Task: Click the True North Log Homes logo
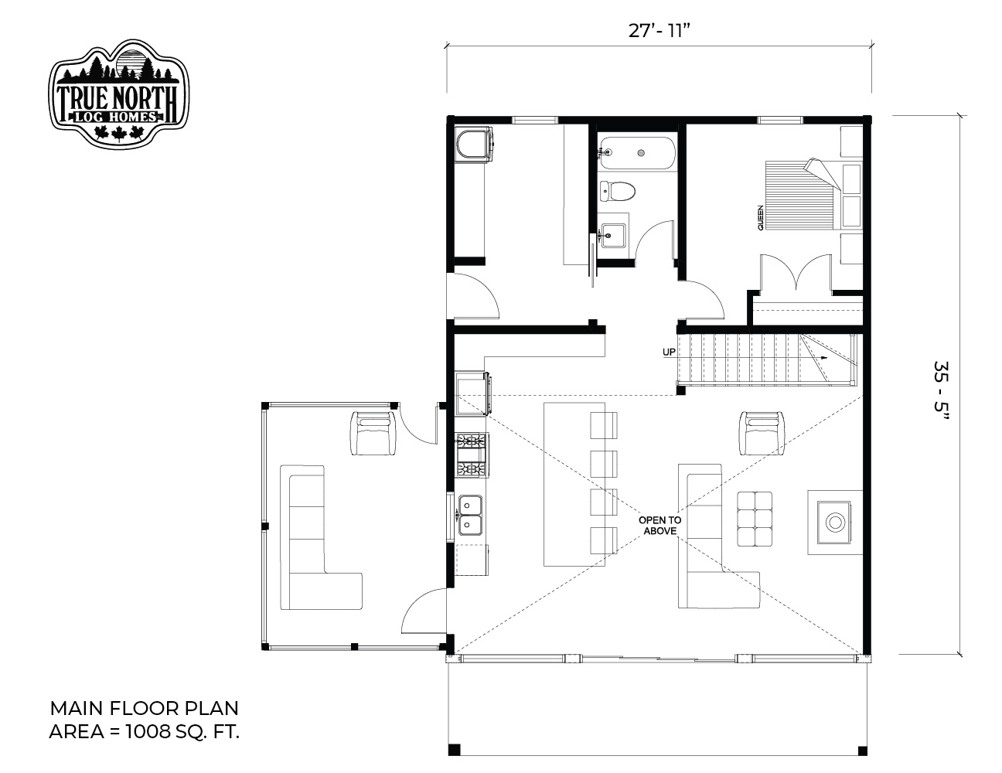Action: coord(118,94)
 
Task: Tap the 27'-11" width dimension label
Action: coord(659,31)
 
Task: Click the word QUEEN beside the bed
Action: coord(760,217)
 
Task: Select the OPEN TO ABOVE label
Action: coord(659,526)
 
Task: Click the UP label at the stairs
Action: coord(669,352)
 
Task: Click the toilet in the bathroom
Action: coord(618,190)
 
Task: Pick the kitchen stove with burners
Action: coord(472,455)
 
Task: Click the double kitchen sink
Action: coord(470,516)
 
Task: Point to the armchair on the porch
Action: coord(373,433)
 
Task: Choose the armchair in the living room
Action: coord(762,433)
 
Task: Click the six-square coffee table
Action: coord(755,519)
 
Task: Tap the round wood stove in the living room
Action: coord(833,523)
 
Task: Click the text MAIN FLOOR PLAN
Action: coord(145,709)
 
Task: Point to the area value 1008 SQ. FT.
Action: coord(182,731)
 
